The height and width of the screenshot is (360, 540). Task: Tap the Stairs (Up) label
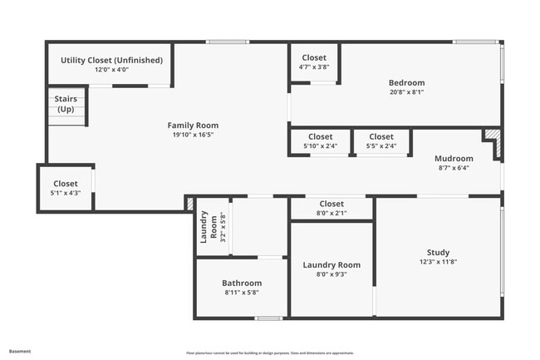tap(66, 104)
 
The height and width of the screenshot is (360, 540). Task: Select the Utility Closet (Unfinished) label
tap(111, 60)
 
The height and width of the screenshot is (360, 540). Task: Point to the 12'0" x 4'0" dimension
tap(111, 70)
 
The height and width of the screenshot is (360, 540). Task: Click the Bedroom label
tap(406, 82)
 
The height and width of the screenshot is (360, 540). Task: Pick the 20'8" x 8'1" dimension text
tap(406, 92)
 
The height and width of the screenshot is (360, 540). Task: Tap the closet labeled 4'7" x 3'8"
tap(314, 62)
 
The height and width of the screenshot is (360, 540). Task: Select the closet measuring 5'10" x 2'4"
tap(320, 141)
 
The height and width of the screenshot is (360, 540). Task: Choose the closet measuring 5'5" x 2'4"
tap(381, 141)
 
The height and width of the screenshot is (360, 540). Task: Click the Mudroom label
tap(454, 158)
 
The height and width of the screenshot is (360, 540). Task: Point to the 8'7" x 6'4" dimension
tap(454, 168)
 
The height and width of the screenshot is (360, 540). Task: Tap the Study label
tap(438, 253)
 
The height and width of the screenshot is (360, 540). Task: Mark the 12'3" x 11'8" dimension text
tap(438, 263)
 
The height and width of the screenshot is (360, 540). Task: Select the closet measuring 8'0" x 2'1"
tap(331, 208)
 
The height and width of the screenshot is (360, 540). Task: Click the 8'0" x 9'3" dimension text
tap(331, 274)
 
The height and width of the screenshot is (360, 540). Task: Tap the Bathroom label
tap(242, 283)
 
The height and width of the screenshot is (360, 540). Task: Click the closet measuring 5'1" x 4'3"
tap(66, 188)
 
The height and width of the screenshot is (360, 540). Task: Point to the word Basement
tap(21, 352)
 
